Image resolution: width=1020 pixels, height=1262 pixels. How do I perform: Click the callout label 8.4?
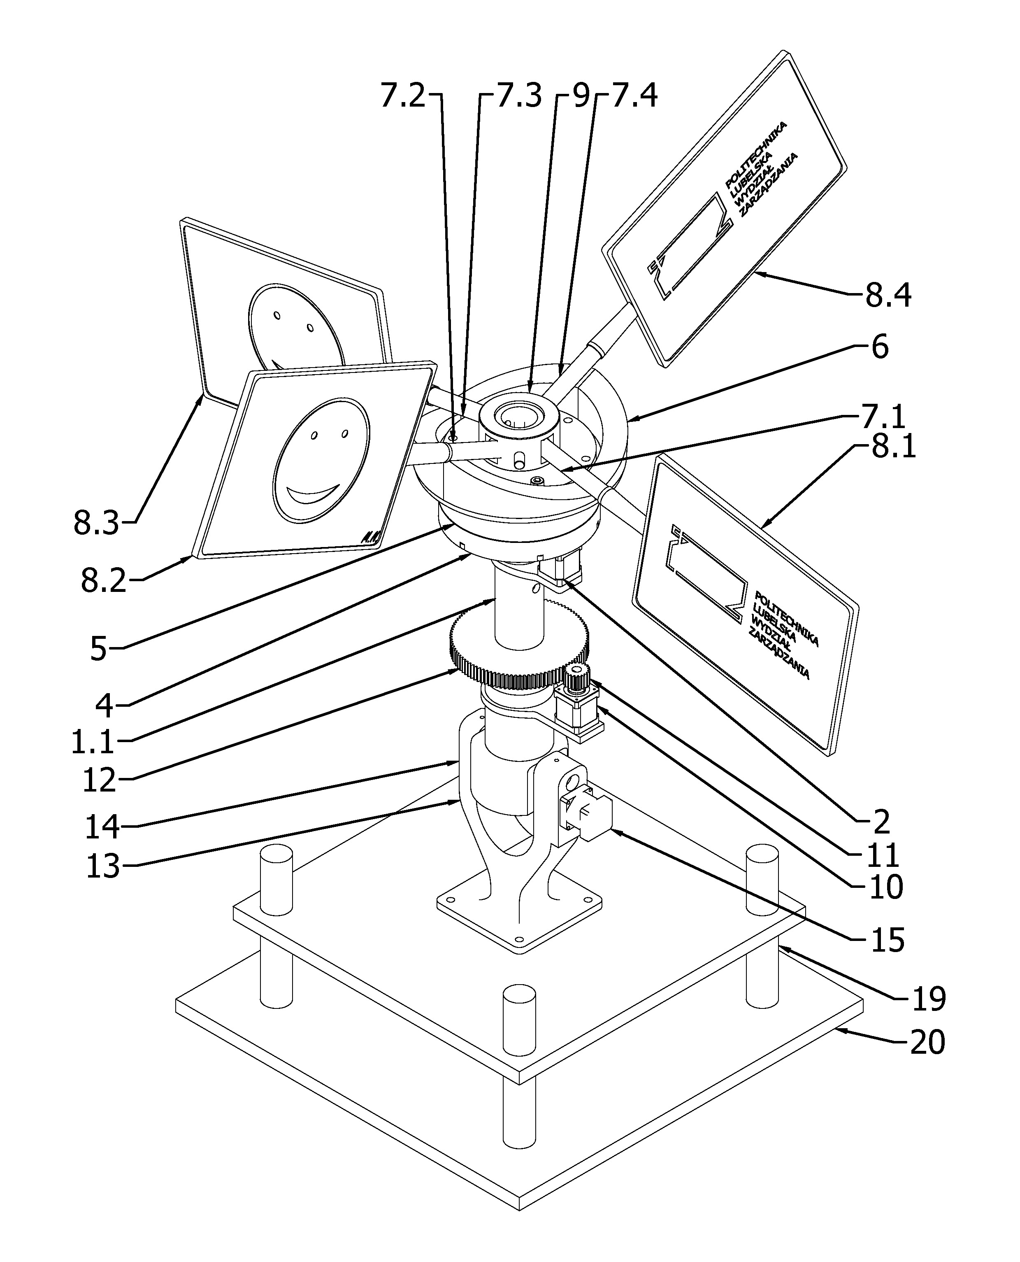pos(888,295)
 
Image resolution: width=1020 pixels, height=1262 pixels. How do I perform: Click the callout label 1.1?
pos(93,743)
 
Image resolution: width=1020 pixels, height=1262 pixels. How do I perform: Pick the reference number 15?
pos(887,941)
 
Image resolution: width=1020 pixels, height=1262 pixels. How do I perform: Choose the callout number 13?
pos(103,866)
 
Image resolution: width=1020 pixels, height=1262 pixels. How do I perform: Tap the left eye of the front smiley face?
pos(314,435)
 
